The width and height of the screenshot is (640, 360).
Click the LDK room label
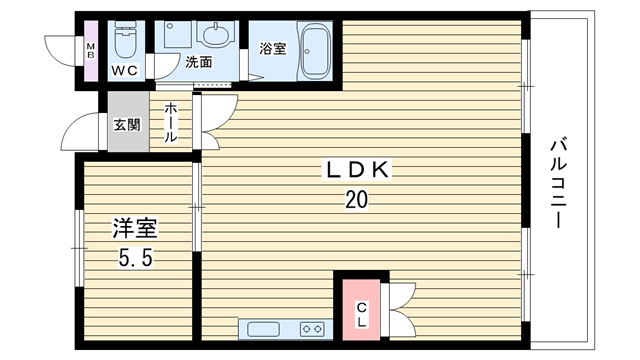click(357, 170)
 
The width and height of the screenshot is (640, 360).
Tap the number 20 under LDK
click(357, 200)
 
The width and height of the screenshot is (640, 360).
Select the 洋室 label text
click(135, 228)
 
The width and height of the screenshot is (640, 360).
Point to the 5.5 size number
click(136, 258)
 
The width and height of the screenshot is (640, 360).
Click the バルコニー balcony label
click(558, 183)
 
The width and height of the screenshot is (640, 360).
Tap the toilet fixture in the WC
click(127, 40)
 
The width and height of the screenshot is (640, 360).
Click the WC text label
click(125, 71)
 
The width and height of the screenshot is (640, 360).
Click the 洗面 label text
click(199, 62)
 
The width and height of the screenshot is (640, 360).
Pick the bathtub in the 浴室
click(315, 51)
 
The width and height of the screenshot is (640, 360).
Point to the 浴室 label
click(273, 49)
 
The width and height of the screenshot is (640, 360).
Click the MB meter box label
click(91, 51)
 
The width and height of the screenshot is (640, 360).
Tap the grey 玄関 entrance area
click(128, 122)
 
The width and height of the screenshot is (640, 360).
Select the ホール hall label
click(171, 122)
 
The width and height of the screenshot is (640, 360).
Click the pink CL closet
click(361, 309)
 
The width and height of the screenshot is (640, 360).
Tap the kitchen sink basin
click(263, 329)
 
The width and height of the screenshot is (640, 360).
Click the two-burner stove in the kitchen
click(313, 329)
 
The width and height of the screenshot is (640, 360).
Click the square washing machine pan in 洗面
click(178, 34)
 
